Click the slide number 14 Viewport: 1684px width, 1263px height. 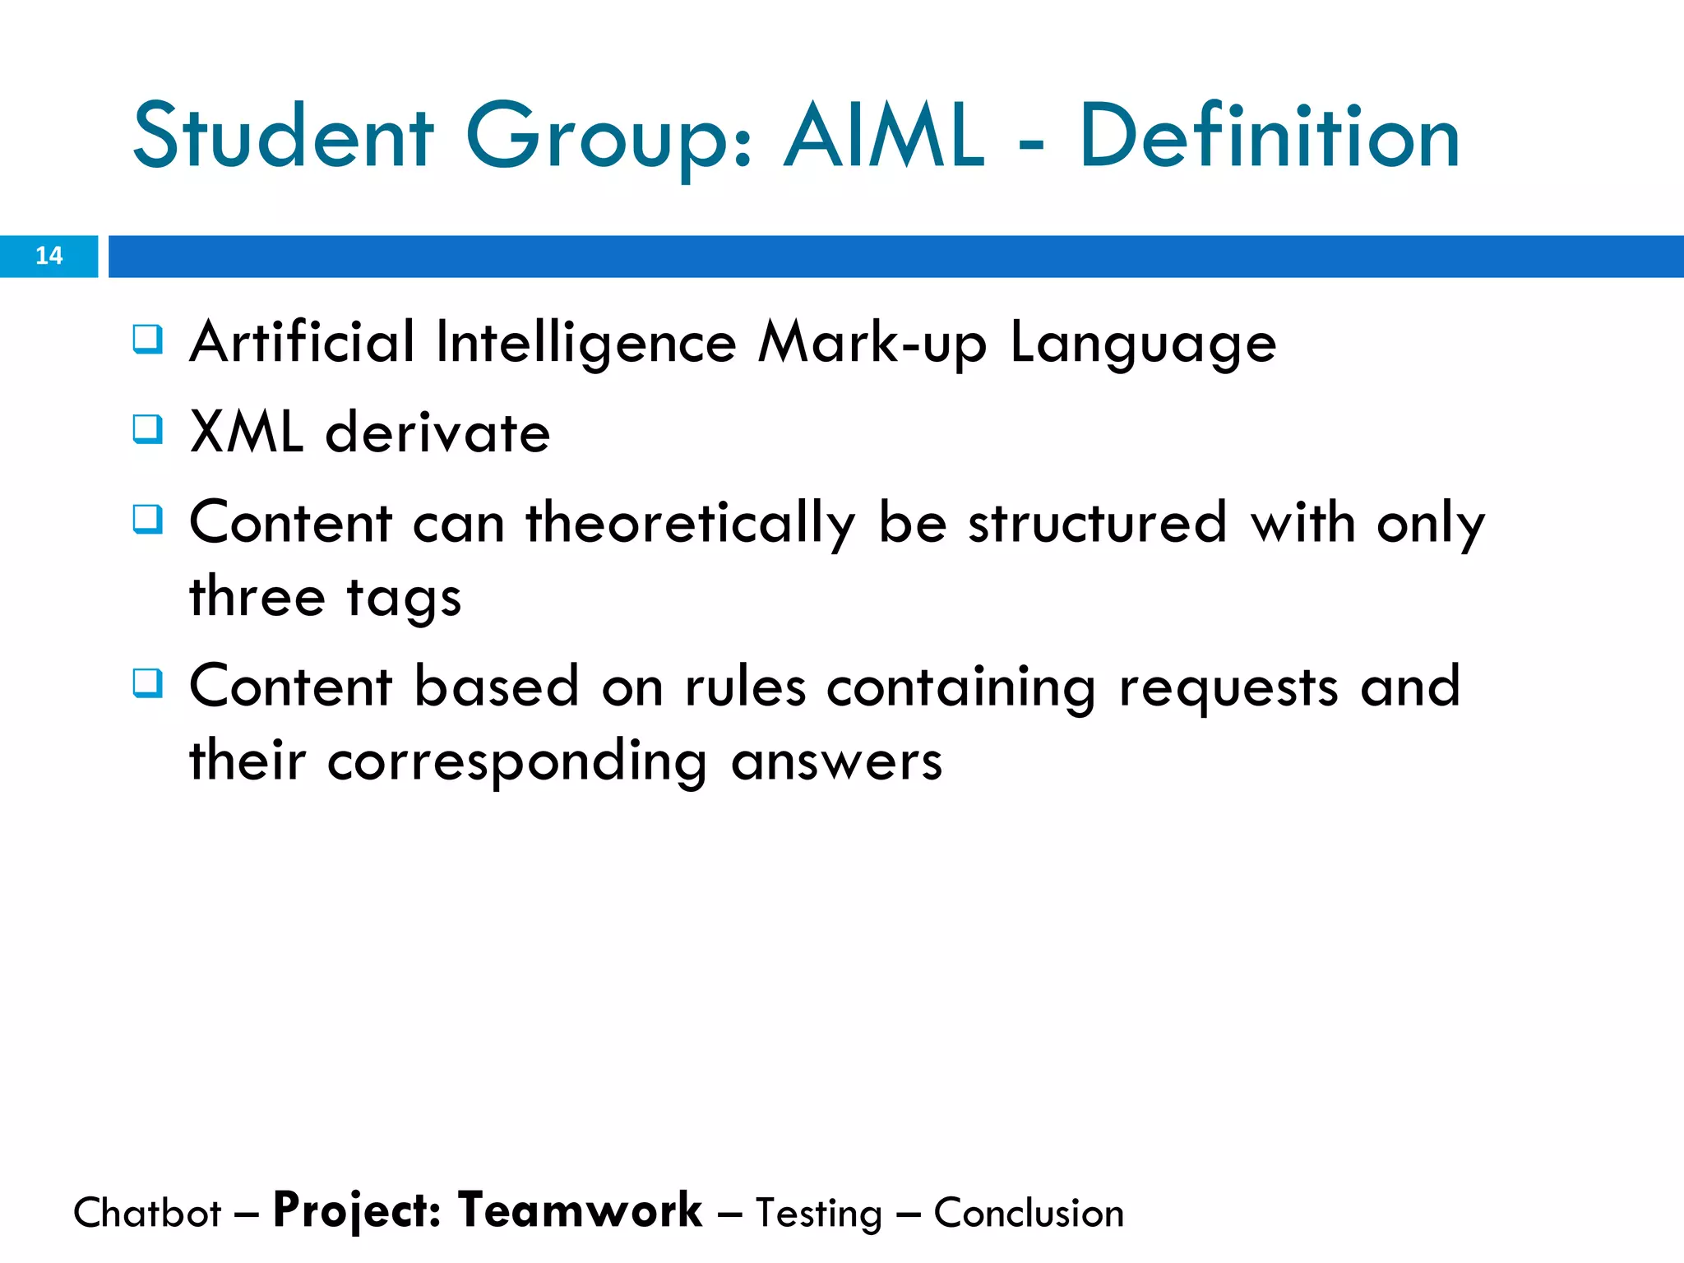(49, 256)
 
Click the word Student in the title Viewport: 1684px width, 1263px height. (283, 136)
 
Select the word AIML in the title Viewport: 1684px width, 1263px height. (883, 136)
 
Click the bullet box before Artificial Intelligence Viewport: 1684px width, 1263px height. (148, 339)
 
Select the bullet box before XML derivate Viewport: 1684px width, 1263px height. (148, 428)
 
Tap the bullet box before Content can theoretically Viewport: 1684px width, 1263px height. (148, 519)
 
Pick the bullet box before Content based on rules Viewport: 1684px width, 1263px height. (148, 682)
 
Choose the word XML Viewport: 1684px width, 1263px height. (246, 433)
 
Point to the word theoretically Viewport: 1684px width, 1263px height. (691, 524)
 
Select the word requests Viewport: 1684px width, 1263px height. (1228, 688)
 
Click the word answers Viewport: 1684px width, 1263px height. (836, 762)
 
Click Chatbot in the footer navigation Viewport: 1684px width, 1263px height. (147, 1213)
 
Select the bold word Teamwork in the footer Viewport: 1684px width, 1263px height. (580, 1210)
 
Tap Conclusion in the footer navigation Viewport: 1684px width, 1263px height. (1029, 1213)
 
